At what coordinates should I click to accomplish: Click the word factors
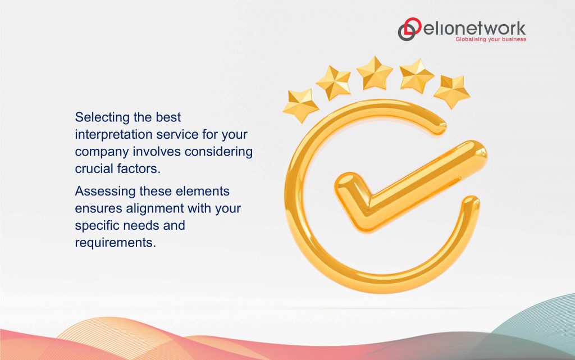[x=140, y=168]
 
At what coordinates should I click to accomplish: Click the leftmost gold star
[x=300, y=105]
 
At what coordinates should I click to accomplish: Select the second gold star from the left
[x=334, y=82]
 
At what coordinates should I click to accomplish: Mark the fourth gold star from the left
[x=417, y=75]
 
